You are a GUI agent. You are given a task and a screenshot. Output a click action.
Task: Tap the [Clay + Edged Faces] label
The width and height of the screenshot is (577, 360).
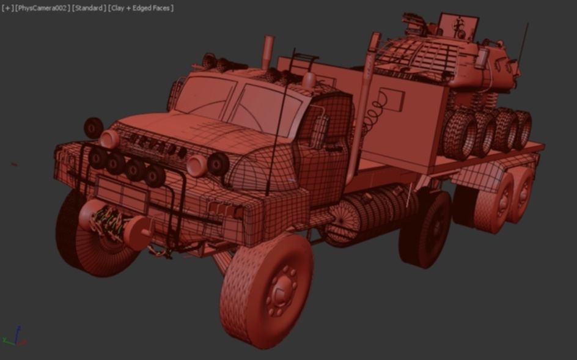(x=141, y=8)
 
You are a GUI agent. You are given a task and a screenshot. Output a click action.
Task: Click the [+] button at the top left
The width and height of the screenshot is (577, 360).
(x=7, y=8)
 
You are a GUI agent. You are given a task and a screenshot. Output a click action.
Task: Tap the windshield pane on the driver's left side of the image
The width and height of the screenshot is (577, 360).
(x=205, y=97)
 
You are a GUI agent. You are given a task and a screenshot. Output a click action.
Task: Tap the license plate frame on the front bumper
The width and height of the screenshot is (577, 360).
(x=122, y=193)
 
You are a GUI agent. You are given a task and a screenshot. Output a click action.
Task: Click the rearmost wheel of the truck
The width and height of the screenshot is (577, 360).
(x=523, y=189)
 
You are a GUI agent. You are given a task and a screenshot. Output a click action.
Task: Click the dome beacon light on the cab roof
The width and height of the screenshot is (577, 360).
(x=309, y=80)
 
